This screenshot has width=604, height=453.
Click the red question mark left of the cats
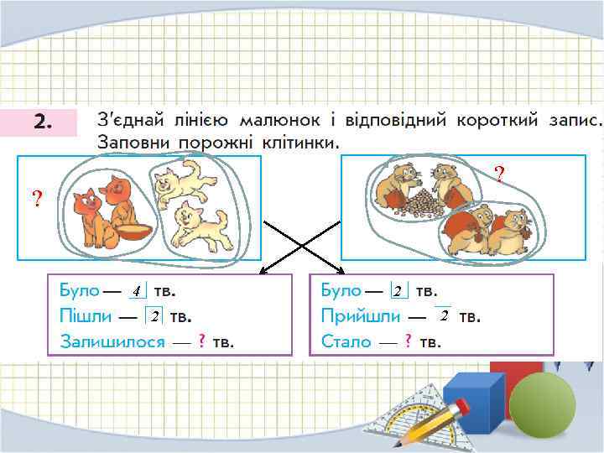click(36, 199)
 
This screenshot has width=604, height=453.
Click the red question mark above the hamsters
click(499, 174)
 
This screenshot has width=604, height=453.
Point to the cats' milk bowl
click(133, 232)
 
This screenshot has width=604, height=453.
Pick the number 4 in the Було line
click(136, 292)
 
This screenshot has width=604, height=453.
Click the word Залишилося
click(112, 341)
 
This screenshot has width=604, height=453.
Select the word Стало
click(346, 341)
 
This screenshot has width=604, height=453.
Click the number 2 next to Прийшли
click(443, 315)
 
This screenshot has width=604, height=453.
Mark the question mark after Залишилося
click(201, 341)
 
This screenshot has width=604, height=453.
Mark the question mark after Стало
click(408, 341)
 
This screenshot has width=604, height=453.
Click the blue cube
click(473, 400)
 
